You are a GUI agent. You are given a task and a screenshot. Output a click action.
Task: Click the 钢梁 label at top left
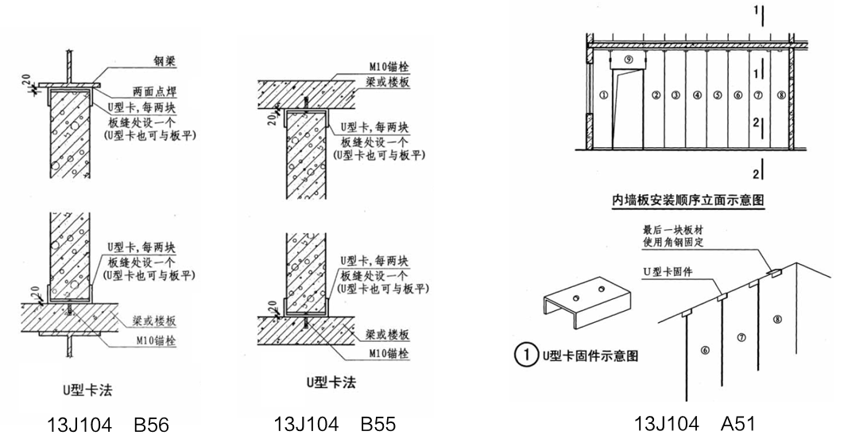click(x=165, y=60)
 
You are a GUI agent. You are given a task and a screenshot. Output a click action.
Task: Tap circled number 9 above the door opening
click(x=628, y=59)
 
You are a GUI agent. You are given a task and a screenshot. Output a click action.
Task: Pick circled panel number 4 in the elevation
click(x=697, y=95)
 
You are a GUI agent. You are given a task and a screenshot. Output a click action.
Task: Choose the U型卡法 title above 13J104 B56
click(x=82, y=388)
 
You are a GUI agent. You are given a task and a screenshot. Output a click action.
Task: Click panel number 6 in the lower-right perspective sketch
click(x=704, y=349)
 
